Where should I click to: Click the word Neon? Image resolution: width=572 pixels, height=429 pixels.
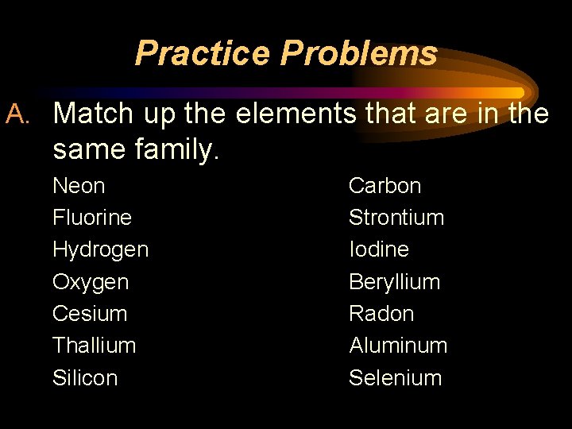tap(79, 186)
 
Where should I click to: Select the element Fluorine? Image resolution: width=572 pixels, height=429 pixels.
tap(92, 218)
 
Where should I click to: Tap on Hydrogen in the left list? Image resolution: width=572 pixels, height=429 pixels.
tap(100, 249)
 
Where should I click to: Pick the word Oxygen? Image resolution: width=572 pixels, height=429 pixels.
tap(91, 282)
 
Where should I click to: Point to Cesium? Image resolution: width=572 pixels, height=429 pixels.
tap(90, 314)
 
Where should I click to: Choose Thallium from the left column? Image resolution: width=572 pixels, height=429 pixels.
tap(94, 346)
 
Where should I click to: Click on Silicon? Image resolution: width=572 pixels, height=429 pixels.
tap(85, 378)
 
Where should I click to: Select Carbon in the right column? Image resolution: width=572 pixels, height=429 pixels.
tap(385, 186)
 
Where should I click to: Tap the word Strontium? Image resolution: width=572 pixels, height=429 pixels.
tap(396, 218)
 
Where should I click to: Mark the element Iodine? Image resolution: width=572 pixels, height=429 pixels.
tap(379, 249)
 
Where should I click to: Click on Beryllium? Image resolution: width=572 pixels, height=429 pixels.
tap(394, 282)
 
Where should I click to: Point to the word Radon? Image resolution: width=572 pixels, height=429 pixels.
tap(381, 314)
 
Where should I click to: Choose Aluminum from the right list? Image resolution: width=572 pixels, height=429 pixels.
tap(398, 346)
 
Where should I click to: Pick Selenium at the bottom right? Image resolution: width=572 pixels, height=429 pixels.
tap(395, 378)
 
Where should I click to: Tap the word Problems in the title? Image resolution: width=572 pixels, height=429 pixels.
tap(358, 54)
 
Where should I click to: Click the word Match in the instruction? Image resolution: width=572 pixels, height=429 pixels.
tap(93, 114)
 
